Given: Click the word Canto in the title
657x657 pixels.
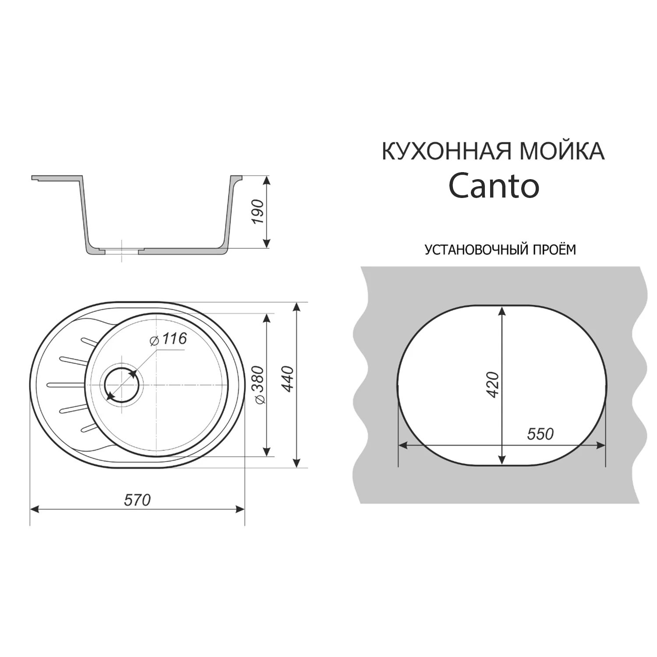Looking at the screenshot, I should pyautogui.click(x=494, y=187).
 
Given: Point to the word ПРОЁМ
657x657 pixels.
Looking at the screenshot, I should pyautogui.click(x=554, y=250).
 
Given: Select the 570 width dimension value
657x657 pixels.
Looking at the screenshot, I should pyautogui.click(x=138, y=500).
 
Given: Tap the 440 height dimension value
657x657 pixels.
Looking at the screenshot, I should pyautogui.click(x=287, y=379).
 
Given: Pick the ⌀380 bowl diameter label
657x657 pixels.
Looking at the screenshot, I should pyautogui.click(x=258, y=385).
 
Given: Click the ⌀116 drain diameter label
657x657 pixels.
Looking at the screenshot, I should pyautogui.click(x=168, y=339).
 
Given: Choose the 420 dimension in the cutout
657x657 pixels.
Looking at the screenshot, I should pyautogui.click(x=493, y=385).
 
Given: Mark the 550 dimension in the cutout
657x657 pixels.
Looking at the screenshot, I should pyautogui.click(x=540, y=434).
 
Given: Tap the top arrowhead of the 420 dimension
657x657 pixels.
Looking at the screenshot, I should pyautogui.click(x=502, y=310).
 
